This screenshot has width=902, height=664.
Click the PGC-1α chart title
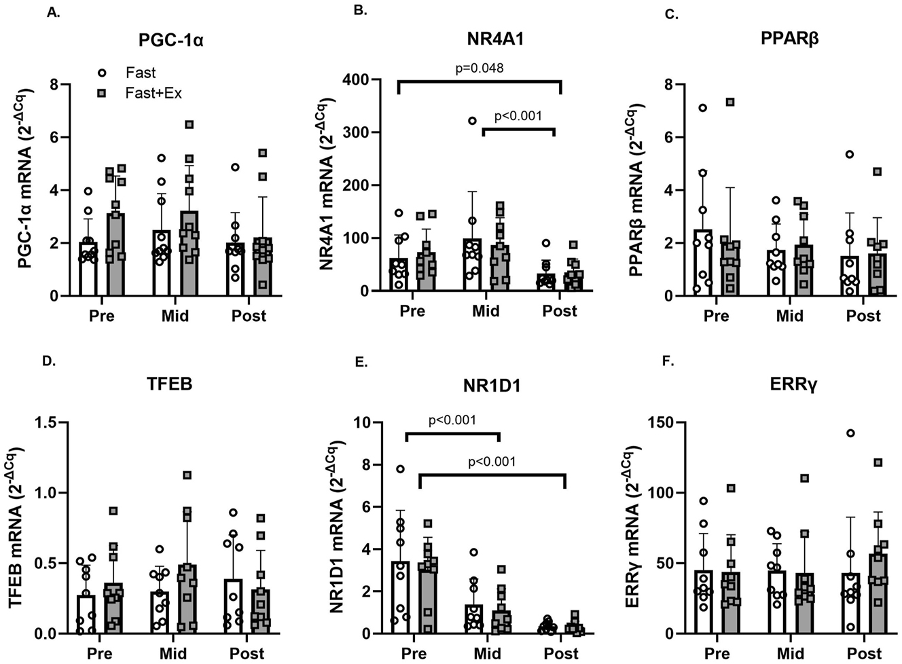[170, 39]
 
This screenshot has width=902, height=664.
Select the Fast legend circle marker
[102, 73]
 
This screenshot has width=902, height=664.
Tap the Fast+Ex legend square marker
[102, 93]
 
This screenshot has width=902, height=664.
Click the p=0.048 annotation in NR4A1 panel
[479, 68]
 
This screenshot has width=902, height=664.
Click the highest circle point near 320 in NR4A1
[471, 121]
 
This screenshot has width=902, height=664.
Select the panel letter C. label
[671, 14]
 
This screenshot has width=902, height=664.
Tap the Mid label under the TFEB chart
[173, 653]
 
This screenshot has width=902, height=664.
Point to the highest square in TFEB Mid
[187, 475]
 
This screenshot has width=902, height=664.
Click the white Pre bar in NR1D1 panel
[400, 597]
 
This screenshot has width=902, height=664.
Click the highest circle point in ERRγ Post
[850, 433]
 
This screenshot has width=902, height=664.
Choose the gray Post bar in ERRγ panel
[878, 594]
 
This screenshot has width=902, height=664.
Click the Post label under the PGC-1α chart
[249, 316]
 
